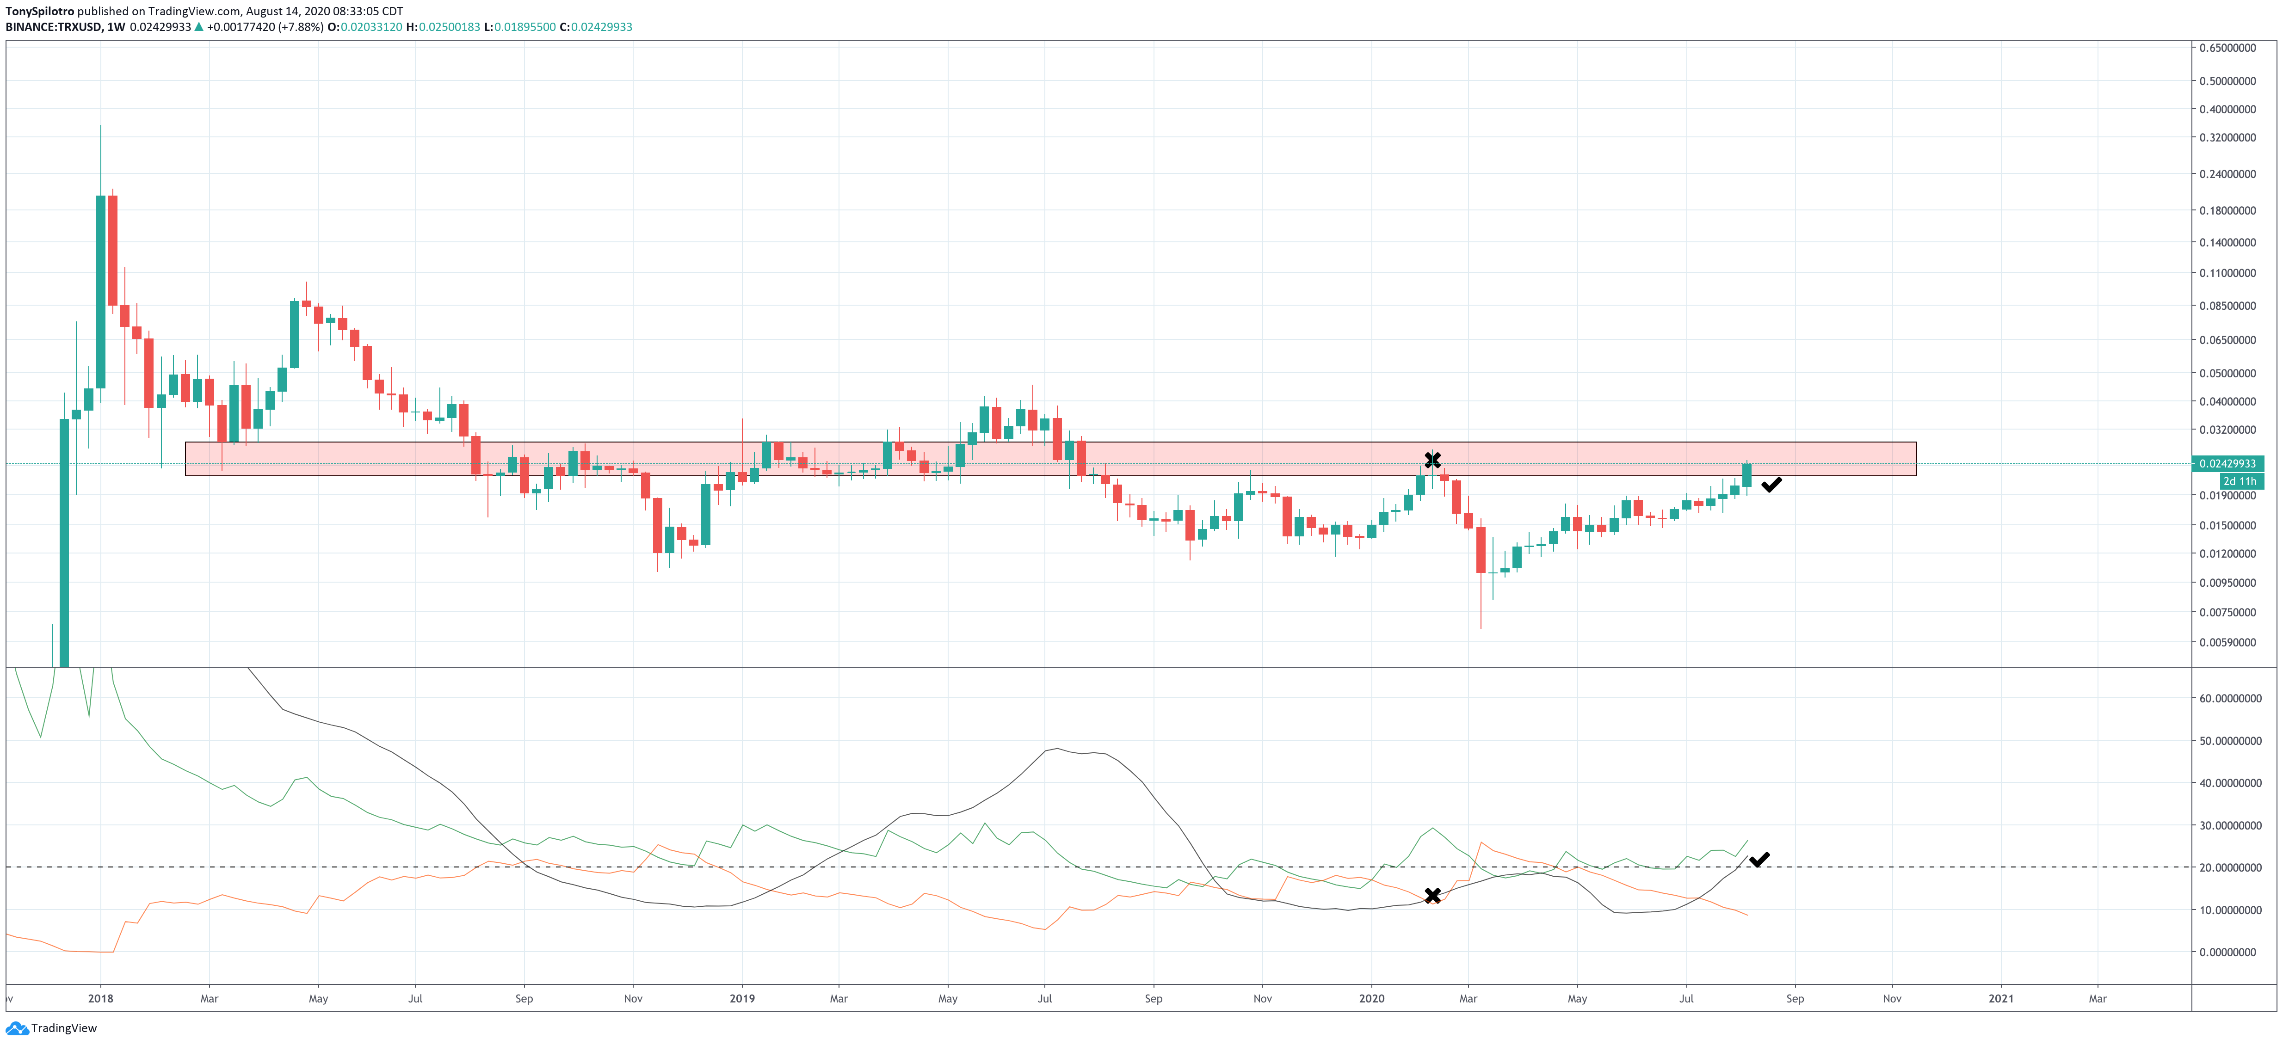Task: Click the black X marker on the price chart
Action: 1432,459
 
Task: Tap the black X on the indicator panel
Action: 1432,895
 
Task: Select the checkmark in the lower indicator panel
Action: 1759,859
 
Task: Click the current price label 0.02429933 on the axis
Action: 2227,464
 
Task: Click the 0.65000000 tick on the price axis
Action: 2227,48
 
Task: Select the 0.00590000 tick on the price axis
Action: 2227,643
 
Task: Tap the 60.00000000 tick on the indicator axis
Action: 2230,699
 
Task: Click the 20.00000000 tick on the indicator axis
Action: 2230,868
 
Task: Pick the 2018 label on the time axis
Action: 101,998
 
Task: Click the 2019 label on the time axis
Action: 742,998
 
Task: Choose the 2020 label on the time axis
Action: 1371,998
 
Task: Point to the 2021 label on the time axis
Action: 2000,998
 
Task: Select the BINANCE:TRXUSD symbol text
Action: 53,27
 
